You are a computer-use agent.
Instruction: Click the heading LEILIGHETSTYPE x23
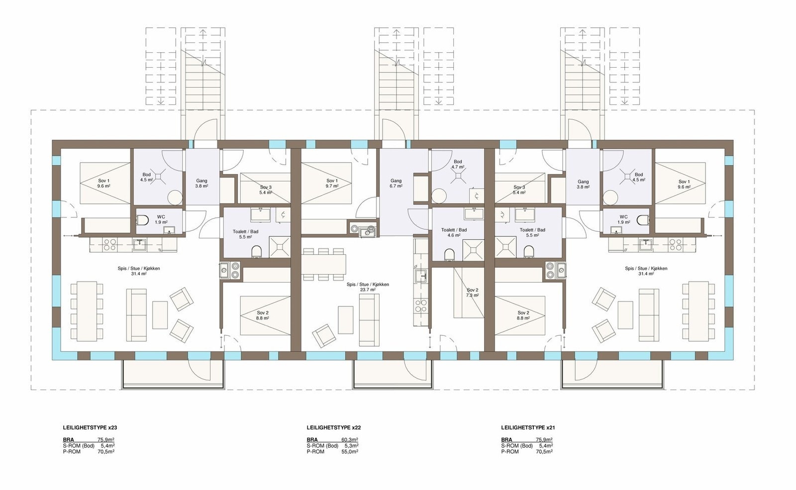90,427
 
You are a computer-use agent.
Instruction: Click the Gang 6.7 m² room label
396,184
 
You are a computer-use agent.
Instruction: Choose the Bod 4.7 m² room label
458,165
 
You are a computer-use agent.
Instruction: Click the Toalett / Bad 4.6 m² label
454,233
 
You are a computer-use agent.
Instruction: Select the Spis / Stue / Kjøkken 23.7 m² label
368,287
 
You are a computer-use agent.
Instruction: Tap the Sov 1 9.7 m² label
332,183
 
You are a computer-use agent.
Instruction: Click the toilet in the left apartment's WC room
142,220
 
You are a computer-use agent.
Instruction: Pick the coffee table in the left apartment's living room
160,314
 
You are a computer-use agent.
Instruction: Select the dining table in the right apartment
695,310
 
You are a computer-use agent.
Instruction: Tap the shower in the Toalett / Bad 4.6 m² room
473,250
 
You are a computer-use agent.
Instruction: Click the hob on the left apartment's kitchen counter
109,244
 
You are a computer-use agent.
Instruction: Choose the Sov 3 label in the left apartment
266,190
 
